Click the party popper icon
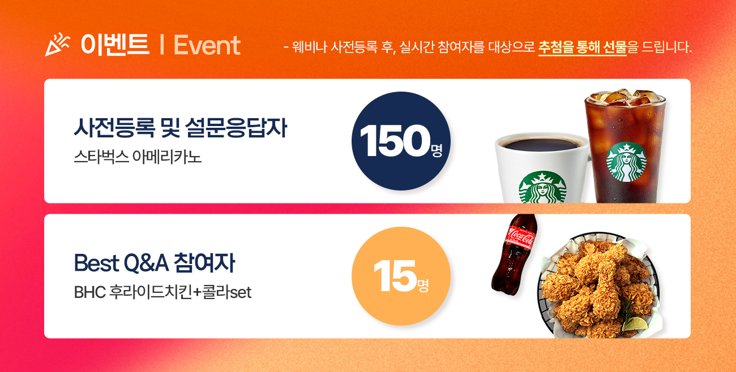point(57,45)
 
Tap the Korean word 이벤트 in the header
point(115,44)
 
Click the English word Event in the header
point(207,45)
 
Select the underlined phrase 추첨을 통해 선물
point(582,48)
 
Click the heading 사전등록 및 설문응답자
point(181,128)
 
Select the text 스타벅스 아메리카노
point(138,157)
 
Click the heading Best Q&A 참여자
point(155,263)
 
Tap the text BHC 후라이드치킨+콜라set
point(162,292)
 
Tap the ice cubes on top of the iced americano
point(624,97)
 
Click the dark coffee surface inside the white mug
point(543,144)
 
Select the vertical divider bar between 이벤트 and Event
point(161,45)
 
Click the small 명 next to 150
point(437,150)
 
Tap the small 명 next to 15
point(423,286)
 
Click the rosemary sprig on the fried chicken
point(628,312)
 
